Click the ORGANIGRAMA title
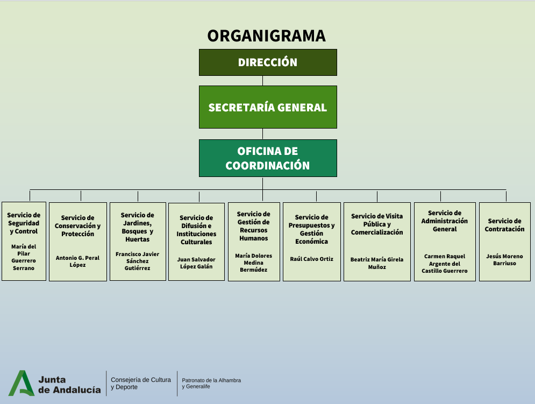[267, 36]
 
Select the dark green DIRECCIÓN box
[268, 62]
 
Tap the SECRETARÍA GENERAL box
[268, 107]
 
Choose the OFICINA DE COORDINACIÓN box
[268, 158]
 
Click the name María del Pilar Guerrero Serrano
[24, 257]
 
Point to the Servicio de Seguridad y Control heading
[24, 223]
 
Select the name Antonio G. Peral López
[77, 261]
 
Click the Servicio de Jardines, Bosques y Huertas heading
[138, 227]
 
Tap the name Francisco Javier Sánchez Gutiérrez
[138, 261]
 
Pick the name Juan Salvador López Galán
[196, 263]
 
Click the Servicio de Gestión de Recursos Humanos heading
[253, 226]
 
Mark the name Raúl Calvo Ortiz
[312, 259]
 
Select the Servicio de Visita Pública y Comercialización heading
[377, 224]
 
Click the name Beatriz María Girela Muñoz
[377, 263]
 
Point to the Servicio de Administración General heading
[445, 221]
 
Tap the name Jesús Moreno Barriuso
[504, 260]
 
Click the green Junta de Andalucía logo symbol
[21, 383]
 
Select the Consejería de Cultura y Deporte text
[141, 383]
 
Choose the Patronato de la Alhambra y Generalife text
[211, 383]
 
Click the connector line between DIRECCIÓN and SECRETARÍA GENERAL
[263, 81]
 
